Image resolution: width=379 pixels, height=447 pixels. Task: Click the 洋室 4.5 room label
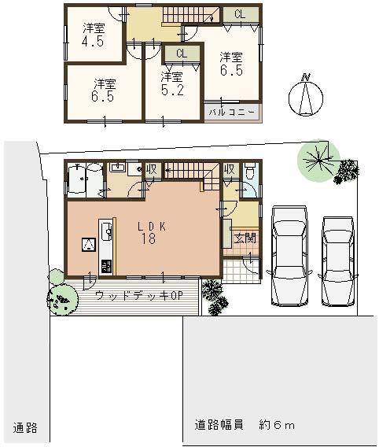pyautogui.click(x=94, y=35)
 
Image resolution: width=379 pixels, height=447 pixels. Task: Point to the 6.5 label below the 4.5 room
pyautogui.click(x=105, y=91)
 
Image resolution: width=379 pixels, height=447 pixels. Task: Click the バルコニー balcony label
pyautogui.click(x=231, y=113)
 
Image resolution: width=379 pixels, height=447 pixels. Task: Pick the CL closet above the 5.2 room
pyautogui.click(x=181, y=54)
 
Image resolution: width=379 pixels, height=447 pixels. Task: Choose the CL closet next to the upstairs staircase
pyautogui.click(x=238, y=14)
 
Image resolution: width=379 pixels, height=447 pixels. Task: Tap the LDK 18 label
pyautogui.click(x=148, y=232)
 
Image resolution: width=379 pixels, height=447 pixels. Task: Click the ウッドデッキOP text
pyautogui.click(x=138, y=295)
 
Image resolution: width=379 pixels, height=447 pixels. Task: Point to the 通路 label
pyautogui.click(x=25, y=428)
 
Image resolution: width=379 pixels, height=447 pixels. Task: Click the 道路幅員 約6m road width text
pyautogui.click(x=245, y=426)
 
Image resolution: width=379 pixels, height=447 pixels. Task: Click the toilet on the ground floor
pyautogui.click(x=248, y=173)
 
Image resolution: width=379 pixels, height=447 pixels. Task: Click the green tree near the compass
pyautogui.click(x=318, y=158)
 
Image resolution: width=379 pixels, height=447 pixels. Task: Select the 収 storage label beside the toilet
pyautogui.click(x=229, y=168)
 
